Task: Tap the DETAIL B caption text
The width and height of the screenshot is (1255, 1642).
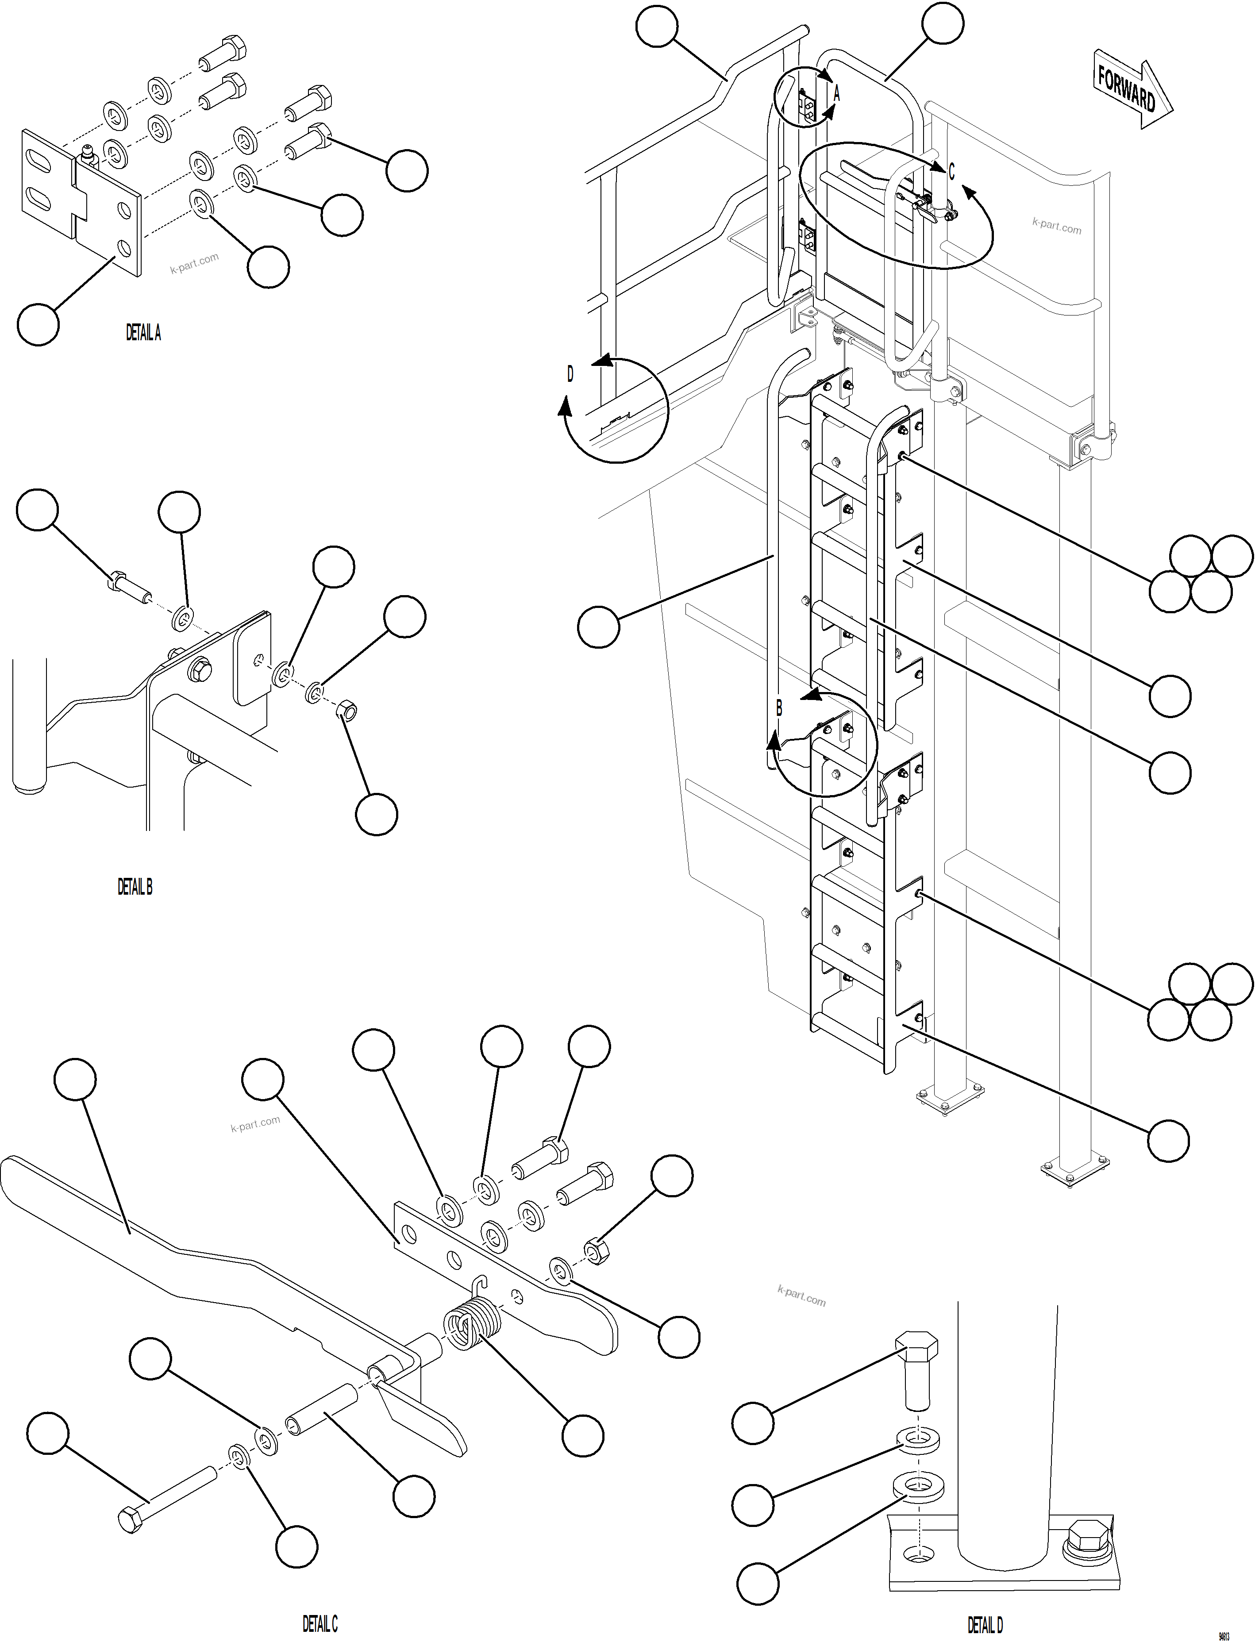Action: (135, 887)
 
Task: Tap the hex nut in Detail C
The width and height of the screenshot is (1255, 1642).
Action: (595, 1251)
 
